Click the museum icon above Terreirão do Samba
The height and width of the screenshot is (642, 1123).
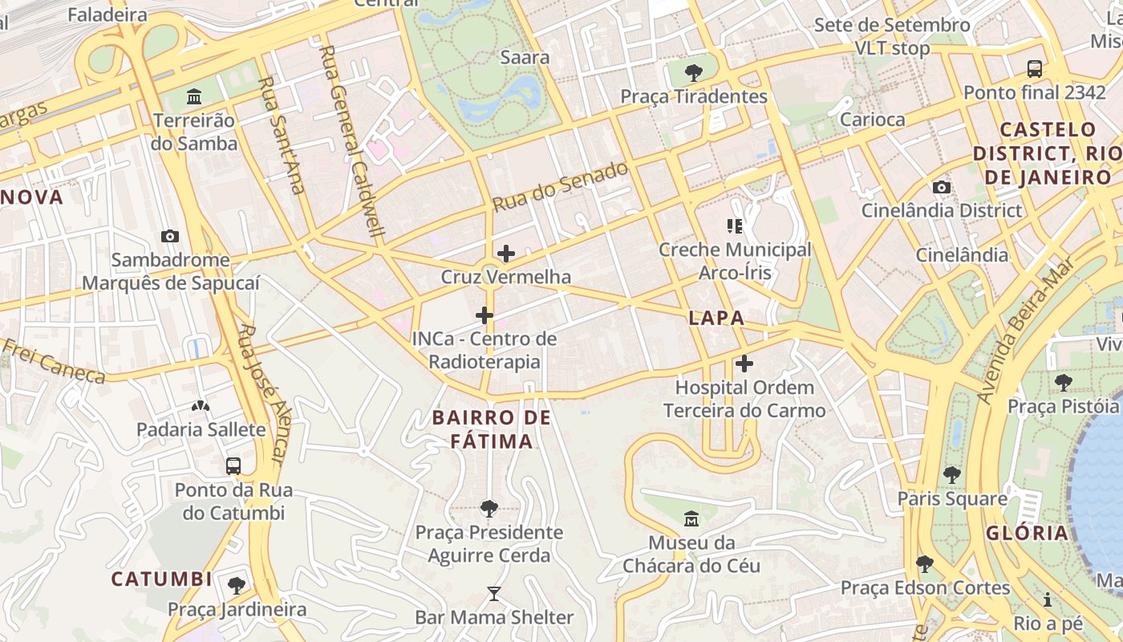click(x=194, y=97)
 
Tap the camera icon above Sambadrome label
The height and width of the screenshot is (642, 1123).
click(x=170, y=236)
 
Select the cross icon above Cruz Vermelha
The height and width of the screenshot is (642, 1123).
click(x=506, y=254)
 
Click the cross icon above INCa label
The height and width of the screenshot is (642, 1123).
click(x=484, y=315)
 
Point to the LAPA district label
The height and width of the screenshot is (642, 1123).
click(x=716, y=319)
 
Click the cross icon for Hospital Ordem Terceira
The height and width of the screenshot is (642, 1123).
click(x=744, y=364)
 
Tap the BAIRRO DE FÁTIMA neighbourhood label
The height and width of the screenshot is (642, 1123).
click(x=492, y=429)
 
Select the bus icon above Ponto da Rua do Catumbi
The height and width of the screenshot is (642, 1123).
click(x=233, y=465)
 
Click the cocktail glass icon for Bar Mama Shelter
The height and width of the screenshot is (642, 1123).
click(x=494, y=594)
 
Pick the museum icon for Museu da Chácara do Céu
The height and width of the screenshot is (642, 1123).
click(x=691, y=518)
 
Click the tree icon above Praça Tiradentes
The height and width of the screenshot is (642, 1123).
click(x=694, y=73)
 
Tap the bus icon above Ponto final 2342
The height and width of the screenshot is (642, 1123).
click(x=1035, y=69)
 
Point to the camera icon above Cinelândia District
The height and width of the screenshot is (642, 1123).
click(x=942, y=187)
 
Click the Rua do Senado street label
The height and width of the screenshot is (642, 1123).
click(x=560, y=187)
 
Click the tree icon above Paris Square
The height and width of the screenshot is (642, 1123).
click(x=952, y=474)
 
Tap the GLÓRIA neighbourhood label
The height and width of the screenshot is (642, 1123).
click(x=1028, y=533)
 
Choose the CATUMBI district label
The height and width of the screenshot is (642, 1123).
click(x=161, y=579)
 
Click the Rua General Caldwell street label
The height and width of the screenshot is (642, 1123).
click(x=352, y=144)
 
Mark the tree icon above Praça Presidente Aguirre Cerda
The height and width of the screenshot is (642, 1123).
click(x=489, y=508)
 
